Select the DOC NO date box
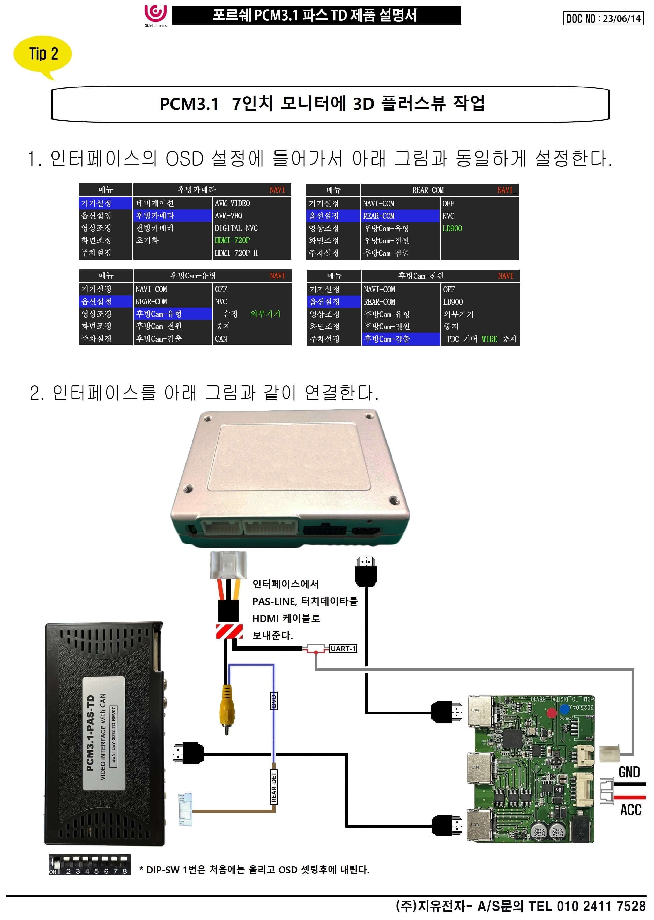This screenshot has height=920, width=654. [603, 19]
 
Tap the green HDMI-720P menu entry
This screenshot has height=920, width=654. [232, 240]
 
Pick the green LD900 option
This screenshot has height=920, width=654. [452, 229]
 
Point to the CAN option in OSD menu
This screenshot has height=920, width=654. [221, 339]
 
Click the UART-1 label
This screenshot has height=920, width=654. [343, 649]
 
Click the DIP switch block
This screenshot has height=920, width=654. [90, 865]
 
